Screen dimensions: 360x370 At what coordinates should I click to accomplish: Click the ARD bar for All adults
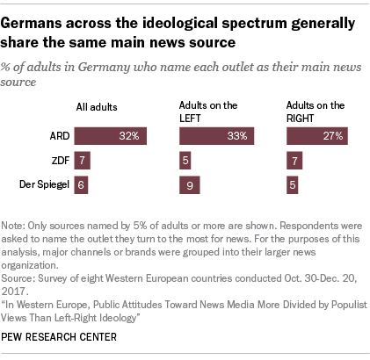(111, 136)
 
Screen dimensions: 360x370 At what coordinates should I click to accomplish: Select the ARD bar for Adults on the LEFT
(217, 136)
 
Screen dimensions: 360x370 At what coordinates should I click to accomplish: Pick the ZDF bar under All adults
(82, 161)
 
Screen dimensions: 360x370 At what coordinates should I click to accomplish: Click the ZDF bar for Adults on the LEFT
(185, 161)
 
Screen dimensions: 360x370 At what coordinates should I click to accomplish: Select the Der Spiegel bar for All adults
(81, 184)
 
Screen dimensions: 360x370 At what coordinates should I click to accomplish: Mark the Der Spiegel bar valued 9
(189, 184)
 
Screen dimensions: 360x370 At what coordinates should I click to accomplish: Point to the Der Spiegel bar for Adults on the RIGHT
(294, 184)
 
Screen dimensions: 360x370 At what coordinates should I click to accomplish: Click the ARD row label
(60, 137)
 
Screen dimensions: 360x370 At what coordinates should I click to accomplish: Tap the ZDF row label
(60, 161)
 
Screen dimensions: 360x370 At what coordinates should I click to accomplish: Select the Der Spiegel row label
(44, 184)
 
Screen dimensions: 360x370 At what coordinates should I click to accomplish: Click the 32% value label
(131, 137)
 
